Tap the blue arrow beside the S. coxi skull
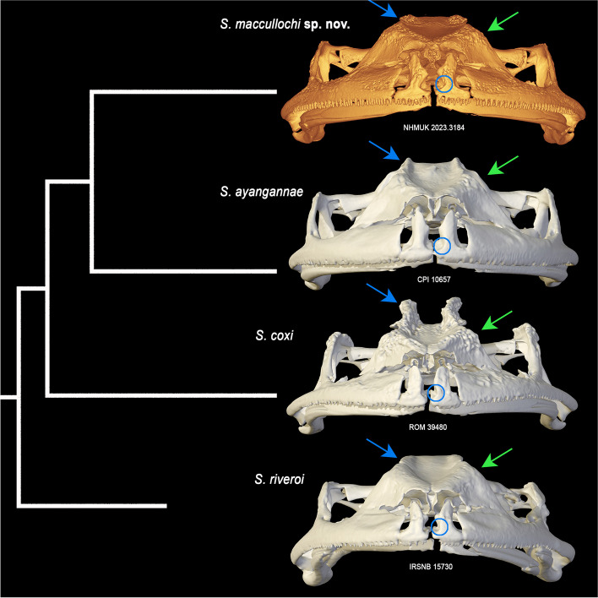click(383, 294)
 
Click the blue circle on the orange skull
click(443, 83)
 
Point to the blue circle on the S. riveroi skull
click(438, 527)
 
